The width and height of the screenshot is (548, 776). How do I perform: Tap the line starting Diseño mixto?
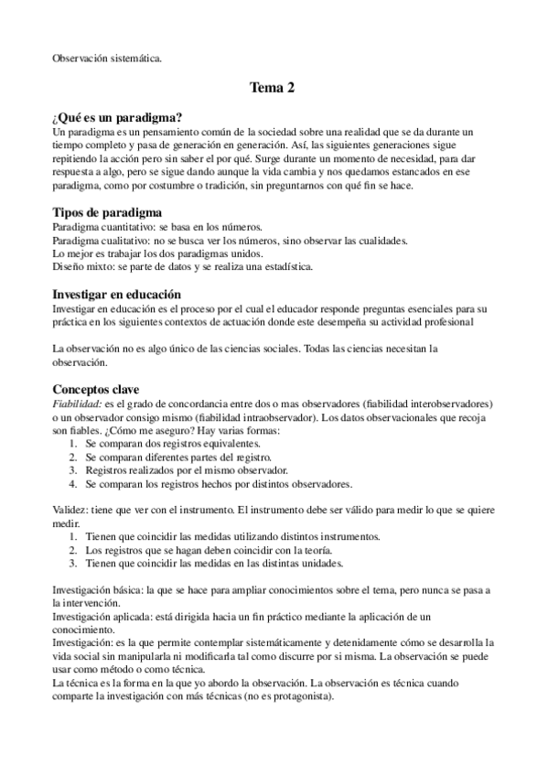(182, 267)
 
